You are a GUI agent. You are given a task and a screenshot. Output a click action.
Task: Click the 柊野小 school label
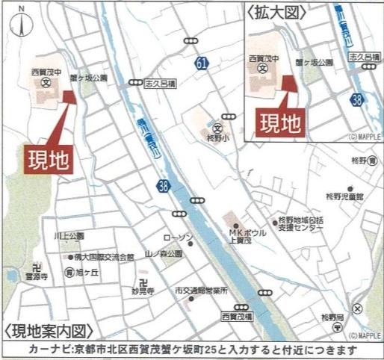218,138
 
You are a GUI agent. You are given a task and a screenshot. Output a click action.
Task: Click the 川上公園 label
68,235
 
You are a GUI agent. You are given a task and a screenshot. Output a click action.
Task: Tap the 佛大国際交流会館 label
103,257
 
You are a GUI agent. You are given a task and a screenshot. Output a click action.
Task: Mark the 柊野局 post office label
332,317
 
